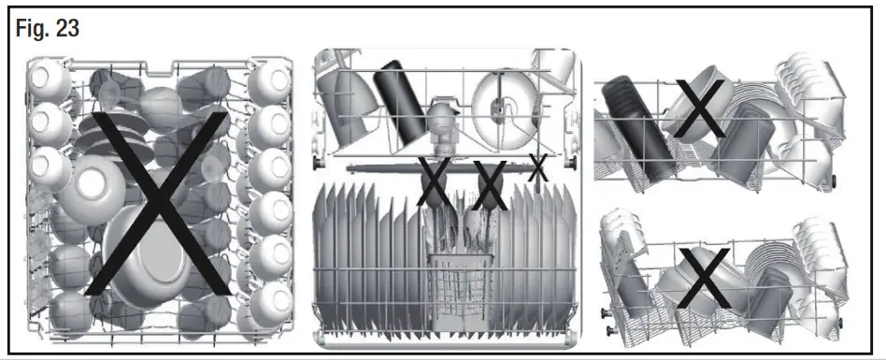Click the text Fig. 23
click(48, 29)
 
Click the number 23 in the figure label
click(66, 29)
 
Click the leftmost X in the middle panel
click(432, 182)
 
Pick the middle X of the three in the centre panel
click(489, 185)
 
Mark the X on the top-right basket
click(699, 108)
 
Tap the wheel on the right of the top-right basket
click(831, 177)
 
